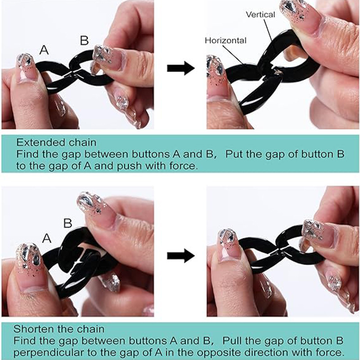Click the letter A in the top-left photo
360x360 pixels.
click(44, 49)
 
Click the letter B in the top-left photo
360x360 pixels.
click(84, 40)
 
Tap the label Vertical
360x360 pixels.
click(261, 15)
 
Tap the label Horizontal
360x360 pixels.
click(225, 40)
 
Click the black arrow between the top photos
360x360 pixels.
click(181, 68)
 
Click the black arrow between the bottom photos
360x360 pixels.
click(181, 256)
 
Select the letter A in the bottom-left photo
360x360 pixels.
click(47, 238)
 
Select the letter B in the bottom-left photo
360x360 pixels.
click(67, 223)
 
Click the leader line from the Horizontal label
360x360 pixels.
click(234, 55)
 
